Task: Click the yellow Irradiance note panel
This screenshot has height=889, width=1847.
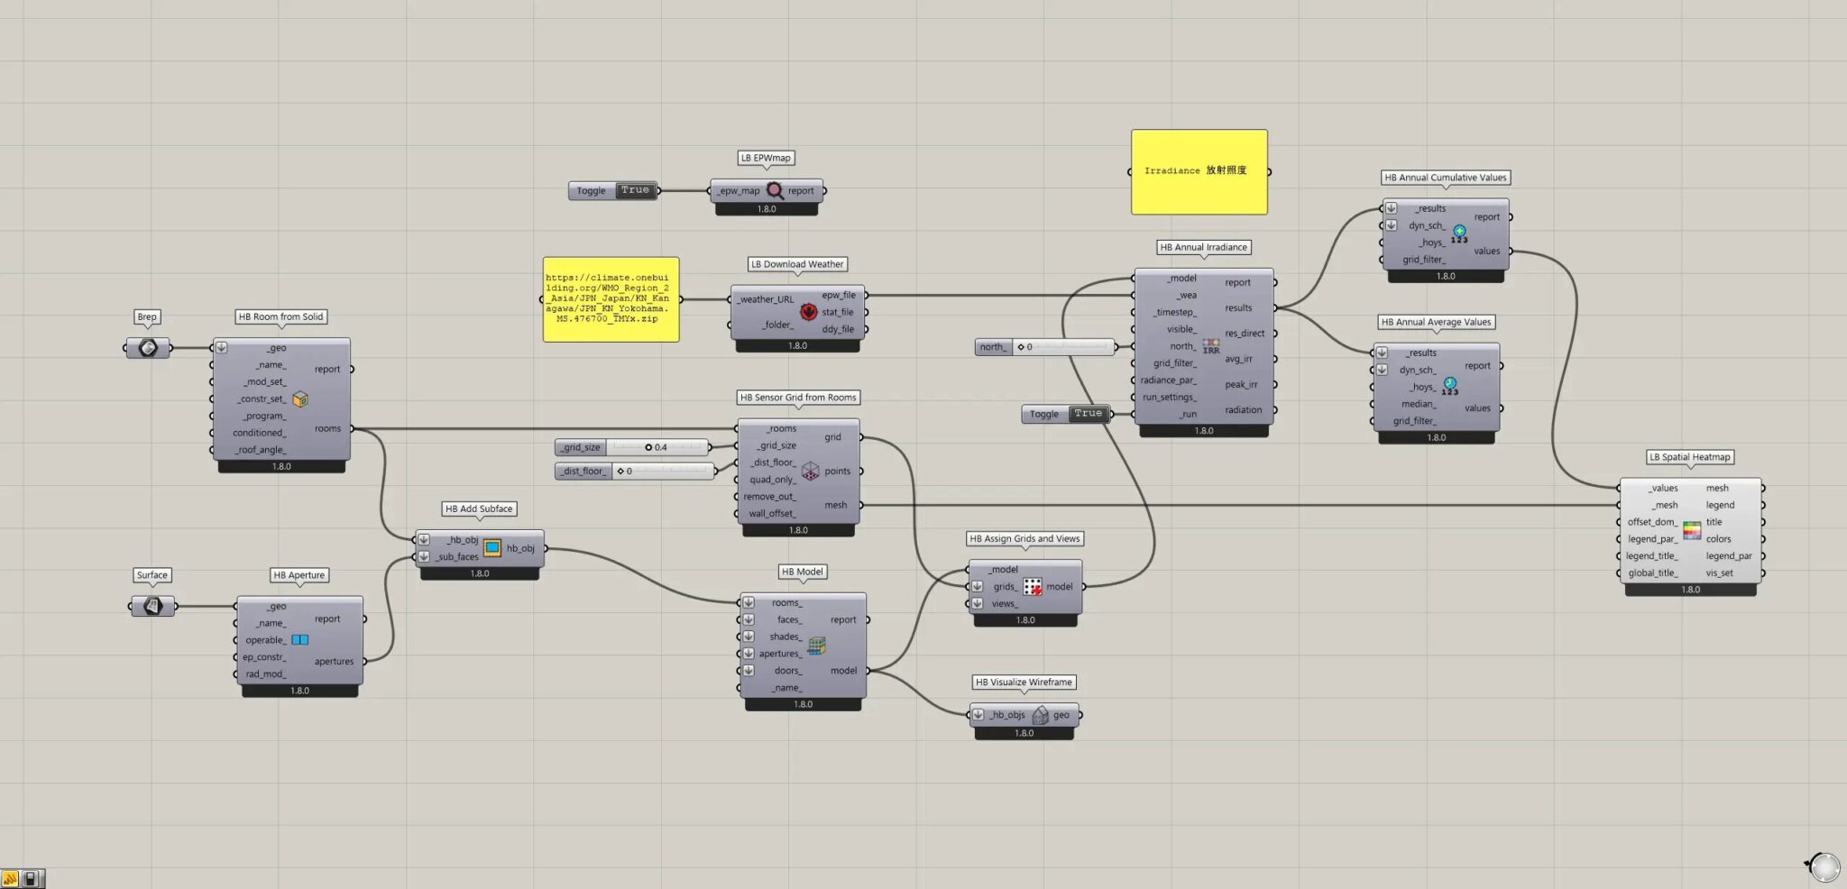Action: [x=1199, y=171]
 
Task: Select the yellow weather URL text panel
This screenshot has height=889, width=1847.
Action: [x=611, y=299]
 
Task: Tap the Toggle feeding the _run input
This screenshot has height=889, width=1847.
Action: [x=1066, y=414]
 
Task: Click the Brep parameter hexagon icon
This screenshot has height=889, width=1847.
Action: [x=148, y=348]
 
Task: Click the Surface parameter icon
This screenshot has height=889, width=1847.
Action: [x=152, y=606]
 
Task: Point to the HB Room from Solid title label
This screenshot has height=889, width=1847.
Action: [x=280, y=316]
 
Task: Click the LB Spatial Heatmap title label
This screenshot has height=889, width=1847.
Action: [x=1689, y=457]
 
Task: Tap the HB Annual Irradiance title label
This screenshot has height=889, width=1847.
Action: [x=1203, y=247]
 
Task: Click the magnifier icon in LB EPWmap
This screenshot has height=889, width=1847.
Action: [x=775, y=190]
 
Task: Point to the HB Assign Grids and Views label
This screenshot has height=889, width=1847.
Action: [x=1025, y=538]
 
